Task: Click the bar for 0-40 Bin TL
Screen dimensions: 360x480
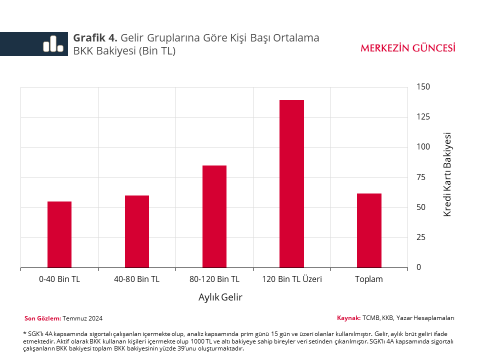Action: (59, 234)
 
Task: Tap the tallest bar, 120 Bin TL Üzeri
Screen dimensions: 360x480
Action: (291, 183)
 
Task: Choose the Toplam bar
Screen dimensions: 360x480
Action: (369, 230)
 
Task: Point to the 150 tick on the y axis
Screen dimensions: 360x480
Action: (423, 87)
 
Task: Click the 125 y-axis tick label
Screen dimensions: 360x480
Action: (423, 117)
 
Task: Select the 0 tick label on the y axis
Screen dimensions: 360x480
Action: (419, 267)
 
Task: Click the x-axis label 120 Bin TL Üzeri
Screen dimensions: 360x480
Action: (292, 279)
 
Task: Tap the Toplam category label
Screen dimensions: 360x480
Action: (369, 279)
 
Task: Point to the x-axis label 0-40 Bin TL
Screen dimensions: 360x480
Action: (59, 279)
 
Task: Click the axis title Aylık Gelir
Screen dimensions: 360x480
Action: (220, 297)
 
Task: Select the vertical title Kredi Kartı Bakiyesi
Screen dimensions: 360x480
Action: (447, 174)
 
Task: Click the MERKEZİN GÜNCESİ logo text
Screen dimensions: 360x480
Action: (408, 48)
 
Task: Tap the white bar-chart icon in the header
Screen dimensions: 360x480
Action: (53, 44)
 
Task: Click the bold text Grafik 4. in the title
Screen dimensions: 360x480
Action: (95, 38)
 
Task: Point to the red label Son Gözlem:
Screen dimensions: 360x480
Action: (43, 318)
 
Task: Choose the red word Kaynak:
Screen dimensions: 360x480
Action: (348, 318)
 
